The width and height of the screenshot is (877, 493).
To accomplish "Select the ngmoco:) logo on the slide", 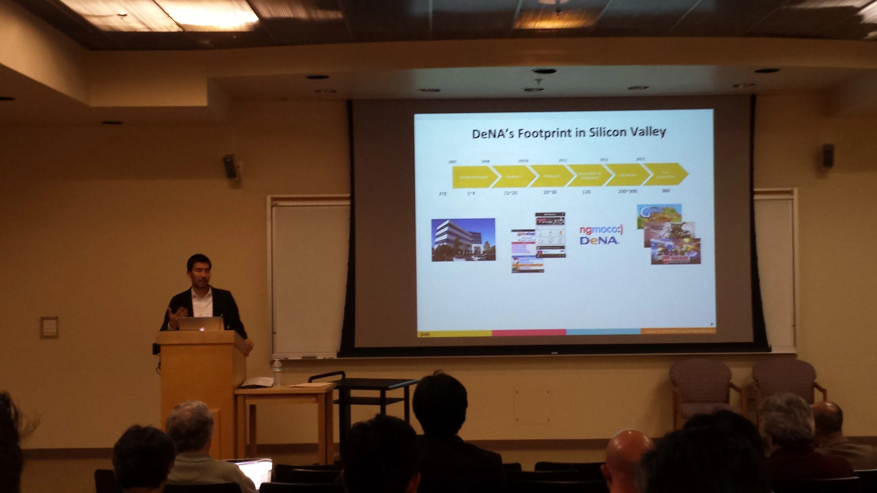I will click(601, 230).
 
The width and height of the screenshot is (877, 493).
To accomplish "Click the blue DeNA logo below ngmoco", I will click(599, 241).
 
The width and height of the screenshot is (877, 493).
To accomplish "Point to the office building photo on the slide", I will click(463, 240).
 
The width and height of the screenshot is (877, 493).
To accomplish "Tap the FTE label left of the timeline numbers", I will click(443, 194).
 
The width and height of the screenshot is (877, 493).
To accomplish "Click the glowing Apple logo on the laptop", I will click(201, 329).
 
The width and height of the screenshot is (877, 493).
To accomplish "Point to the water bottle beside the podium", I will click(277, 373).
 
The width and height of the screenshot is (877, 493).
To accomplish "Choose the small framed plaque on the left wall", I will click(49, 327).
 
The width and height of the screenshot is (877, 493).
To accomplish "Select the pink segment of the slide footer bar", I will click(529, 332).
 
